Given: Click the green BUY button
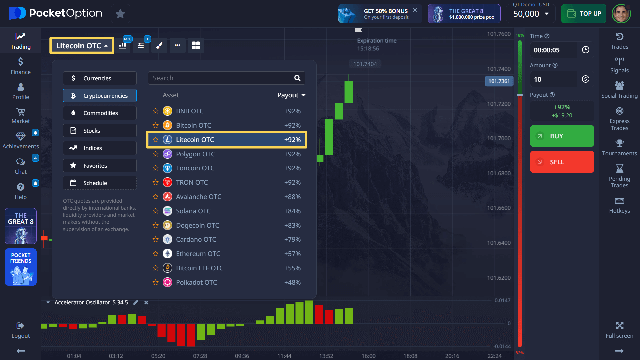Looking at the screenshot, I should click(x=562, y=136).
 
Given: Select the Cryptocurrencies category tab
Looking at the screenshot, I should click(x=100, y=96).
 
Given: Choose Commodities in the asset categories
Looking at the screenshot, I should click(x=100, y=113).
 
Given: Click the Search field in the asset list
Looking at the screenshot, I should click(x=222, y=78).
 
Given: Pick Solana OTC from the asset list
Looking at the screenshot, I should click(x=193, y=211).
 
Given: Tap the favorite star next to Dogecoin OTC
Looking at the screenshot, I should click(x=155, y=225).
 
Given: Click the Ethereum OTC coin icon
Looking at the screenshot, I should click(x=167, y=254).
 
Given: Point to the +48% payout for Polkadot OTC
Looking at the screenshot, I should click(x=292, y=282).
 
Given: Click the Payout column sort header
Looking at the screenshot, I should click(x=291, y=95).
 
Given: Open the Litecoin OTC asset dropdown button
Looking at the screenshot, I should click(x=82, y=46).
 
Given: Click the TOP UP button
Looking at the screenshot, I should click(x=583, y=14).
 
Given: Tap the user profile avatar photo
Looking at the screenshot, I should click(x=621, y=14).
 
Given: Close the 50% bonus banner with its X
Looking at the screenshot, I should click(x=415, y=10).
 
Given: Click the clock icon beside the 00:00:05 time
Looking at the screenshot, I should click(x=586, y=50).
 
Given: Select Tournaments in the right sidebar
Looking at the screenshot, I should click(x=619, y=148).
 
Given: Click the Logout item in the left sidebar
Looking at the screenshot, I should click(x=21, y=330).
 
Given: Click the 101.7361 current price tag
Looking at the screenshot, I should click(x=499, y=81).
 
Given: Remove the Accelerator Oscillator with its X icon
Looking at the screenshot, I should click(x=146, y=302).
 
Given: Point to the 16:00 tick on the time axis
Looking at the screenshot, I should click(x=368, y=356).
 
